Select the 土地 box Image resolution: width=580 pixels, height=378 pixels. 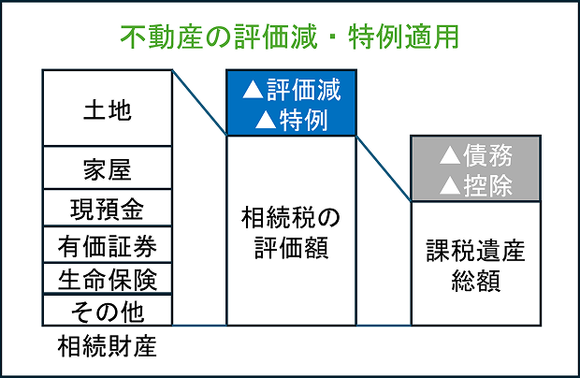click(107, 109)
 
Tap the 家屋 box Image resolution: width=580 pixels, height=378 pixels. click(107, 168)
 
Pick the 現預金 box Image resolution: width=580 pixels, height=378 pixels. click(107, 207)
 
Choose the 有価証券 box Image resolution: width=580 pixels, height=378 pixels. click(107, 245)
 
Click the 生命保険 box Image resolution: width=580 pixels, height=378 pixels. click(107, 279)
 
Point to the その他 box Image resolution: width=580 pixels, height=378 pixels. click(107, 310)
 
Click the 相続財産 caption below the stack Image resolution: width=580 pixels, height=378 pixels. click(107, 348)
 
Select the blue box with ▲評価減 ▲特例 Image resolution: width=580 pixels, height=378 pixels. click(291, 104)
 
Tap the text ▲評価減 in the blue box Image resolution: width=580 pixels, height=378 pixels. click(291, 91)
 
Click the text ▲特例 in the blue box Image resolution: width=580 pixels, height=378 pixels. click(291, 119)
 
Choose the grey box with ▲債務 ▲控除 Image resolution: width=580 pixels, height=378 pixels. click(475, 168)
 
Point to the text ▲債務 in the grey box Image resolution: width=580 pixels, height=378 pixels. click(475, 155)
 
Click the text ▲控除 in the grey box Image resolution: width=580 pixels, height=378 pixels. click(475, 184)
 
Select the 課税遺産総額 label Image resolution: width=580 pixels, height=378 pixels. click(475, 266)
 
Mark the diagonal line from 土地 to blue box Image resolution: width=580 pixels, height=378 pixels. click(199, 103)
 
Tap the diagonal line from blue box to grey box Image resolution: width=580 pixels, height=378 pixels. click(384, 168)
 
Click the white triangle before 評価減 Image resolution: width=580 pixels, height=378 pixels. click(252, 91)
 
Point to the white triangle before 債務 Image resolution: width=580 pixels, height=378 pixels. click(450, 155)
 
